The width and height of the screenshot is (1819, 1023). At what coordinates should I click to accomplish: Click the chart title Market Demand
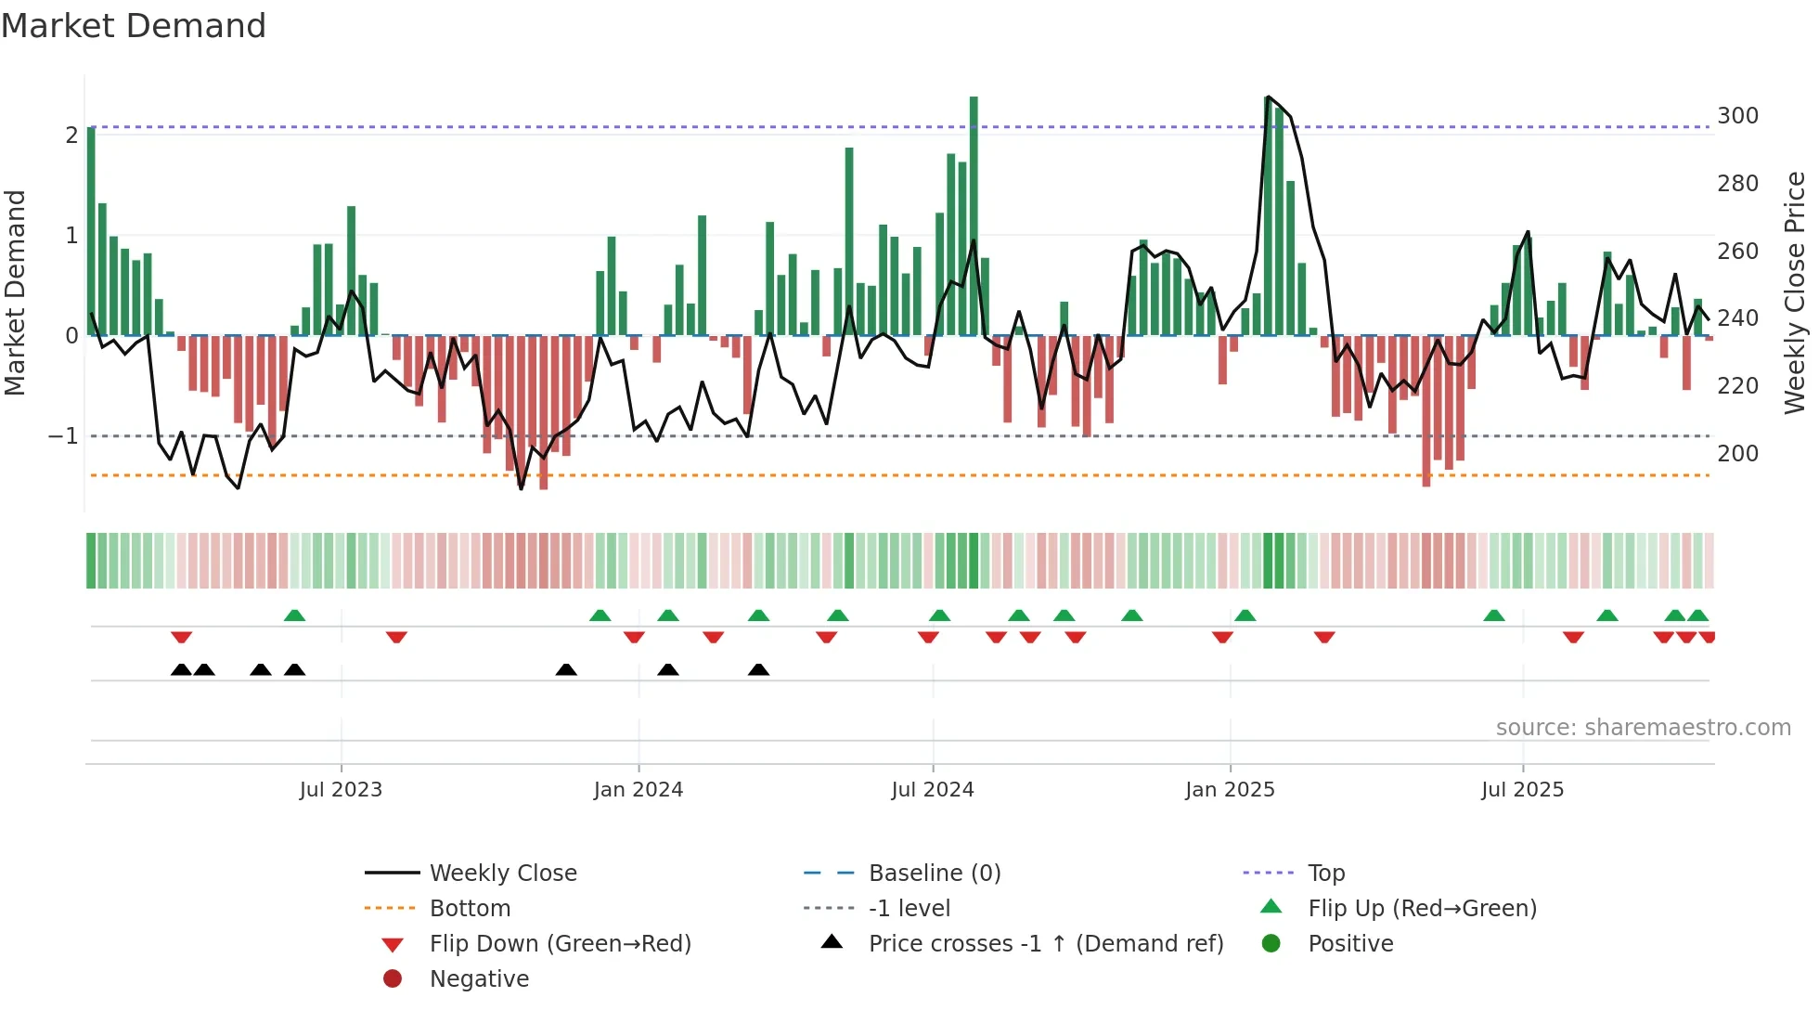pyautogui.click(x=134, y=25)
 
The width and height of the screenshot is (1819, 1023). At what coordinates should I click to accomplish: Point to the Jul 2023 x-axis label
pyautogui.click(x=341, y=790)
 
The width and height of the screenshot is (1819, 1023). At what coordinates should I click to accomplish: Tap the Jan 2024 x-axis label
pyautogui.click(x=638, y=790)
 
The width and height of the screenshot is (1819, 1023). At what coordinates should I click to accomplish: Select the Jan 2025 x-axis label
pyautogui.click(x=1230, y=790)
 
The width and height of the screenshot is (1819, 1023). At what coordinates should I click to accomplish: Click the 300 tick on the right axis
pyautogui.click(x=1737, y=116)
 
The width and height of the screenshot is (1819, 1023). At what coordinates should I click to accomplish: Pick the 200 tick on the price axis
pyautogui.click(x=1737, y=454)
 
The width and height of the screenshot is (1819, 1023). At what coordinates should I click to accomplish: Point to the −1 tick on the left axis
pyautogui.click(x=63, y=435)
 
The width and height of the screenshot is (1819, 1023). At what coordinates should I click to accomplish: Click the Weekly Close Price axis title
pyautogui.click(x=1795, y=292)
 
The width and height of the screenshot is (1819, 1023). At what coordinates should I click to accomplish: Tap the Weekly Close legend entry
pyautogui.click(x=502, y=874)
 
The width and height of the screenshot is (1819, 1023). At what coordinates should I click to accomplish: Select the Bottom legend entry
pyautogui.click(x=470, y=909)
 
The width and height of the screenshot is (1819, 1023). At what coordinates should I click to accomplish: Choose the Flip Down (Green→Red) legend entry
pyautogui.click(x=560, y=944)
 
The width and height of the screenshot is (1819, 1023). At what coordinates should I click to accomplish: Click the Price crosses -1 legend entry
pyautogui.click(x=1045, y=944)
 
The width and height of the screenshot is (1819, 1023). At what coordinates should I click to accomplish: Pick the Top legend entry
pyautogui.click(x=1326, y=874)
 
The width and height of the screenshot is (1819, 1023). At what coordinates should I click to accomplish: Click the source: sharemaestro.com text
pyautogui.click(x=1643, y=728)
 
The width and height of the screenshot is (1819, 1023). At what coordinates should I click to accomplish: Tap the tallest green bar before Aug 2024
pyautogui.click(x=974, y=215)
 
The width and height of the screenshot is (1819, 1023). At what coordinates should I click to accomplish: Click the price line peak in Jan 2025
pyautogui.click(x=1268, y=97)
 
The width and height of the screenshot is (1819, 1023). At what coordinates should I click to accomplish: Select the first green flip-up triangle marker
pyautogui.click(x=294, y=615)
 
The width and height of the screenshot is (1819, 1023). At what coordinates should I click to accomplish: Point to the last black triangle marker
pyautogui.click(x=758, y=669)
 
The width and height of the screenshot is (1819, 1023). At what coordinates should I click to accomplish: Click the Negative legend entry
pyautogui.click(x=479, y=979)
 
